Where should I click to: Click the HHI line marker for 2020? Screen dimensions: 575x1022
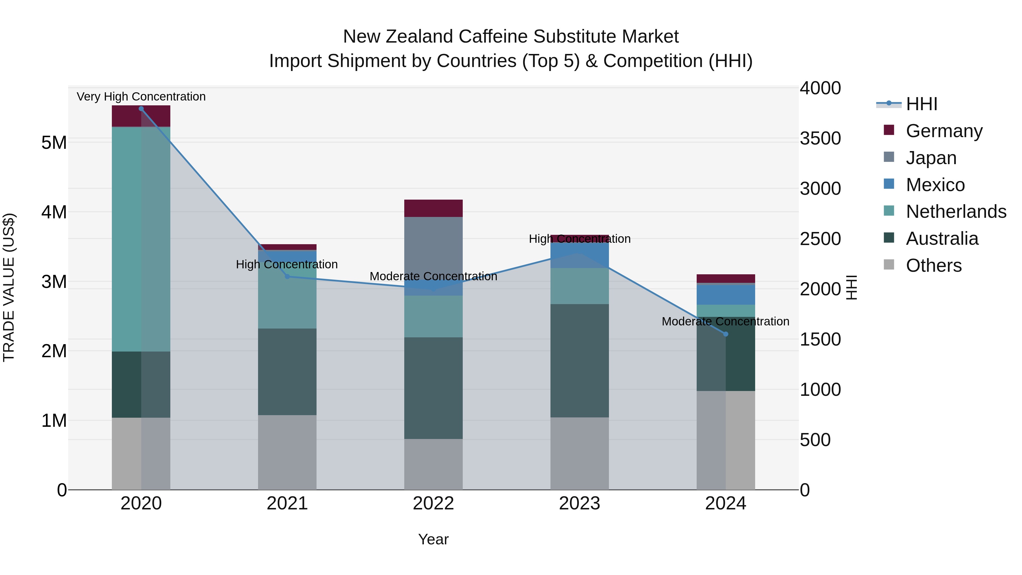141,109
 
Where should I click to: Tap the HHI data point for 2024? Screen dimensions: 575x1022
726,334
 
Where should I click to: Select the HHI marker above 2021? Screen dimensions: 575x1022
287,277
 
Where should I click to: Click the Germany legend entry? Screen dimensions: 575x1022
944,131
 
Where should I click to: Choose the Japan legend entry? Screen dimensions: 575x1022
931,158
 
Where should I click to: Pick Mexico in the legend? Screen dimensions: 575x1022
935,185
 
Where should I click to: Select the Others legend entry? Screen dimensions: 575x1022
933,265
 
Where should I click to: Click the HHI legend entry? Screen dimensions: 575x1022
921,104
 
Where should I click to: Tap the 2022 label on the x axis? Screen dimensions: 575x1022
433,503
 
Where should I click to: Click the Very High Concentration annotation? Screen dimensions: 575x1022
141,97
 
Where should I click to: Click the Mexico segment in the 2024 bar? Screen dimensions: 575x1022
726,295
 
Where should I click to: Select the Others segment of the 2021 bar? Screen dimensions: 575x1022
287,452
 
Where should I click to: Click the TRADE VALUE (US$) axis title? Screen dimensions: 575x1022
9,287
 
